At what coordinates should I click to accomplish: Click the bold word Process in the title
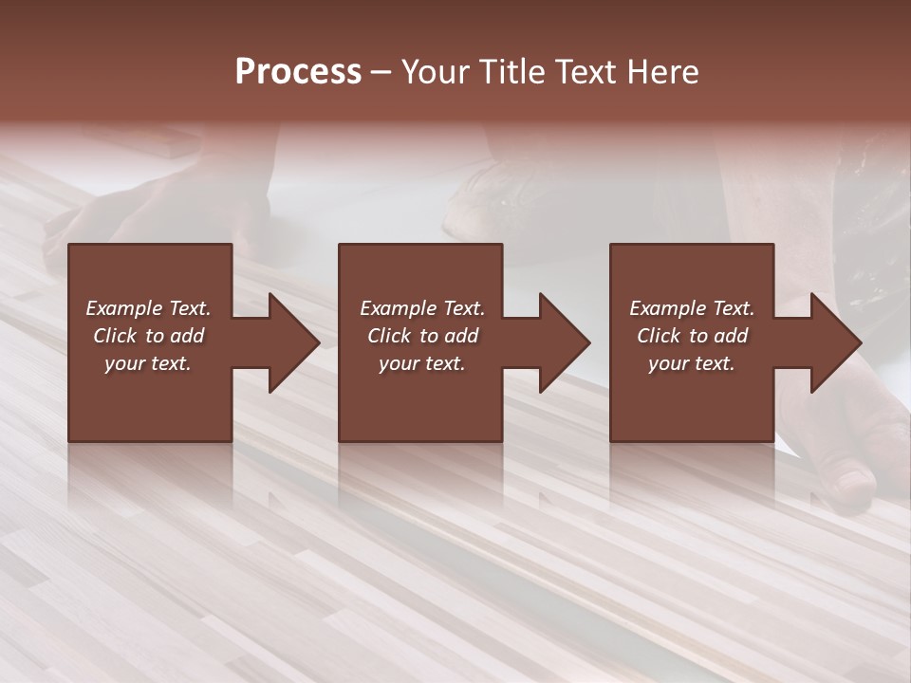point(298,72)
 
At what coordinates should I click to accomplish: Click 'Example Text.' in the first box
point(148,308)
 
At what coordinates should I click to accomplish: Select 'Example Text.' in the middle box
point(422,308)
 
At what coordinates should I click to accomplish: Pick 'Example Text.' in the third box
point(692,308)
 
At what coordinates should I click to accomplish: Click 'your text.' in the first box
point(148,363)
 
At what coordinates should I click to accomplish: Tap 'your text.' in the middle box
point(422,363)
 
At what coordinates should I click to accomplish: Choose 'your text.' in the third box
point(692,363)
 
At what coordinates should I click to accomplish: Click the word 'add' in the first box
point(187,336)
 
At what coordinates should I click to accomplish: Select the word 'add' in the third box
point(731,336)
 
